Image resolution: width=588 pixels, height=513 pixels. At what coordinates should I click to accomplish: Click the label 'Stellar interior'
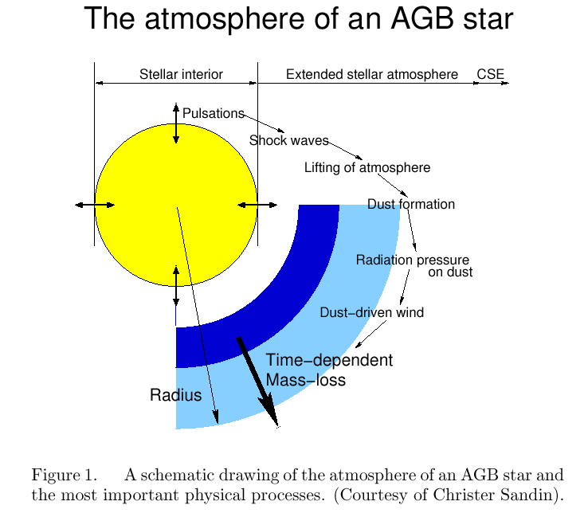click(181, 74)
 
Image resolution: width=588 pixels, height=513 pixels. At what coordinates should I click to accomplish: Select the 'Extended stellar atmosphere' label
click(371, 74)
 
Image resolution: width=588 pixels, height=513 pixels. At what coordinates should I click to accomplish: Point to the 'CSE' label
click(491, 74)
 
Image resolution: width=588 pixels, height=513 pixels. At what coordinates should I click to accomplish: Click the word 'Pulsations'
click(214, 113)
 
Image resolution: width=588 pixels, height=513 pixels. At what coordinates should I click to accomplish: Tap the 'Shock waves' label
click(288, 140)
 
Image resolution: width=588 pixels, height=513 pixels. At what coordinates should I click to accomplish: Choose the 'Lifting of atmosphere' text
click(367, 167)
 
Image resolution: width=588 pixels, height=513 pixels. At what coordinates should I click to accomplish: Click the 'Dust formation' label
click(411, 205)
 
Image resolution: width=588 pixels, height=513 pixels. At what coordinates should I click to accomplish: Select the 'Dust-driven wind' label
click(371, 312)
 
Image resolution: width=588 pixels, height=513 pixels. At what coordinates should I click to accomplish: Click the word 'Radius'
click(176, 395)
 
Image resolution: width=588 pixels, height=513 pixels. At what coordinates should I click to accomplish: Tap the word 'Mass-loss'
click(306, 380)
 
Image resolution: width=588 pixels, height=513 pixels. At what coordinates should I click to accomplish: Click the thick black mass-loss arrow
click(257, 382)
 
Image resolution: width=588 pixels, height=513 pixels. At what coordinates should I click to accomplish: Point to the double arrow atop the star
click(176, 123)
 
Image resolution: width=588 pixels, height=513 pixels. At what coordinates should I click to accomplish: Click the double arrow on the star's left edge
click(95, 206)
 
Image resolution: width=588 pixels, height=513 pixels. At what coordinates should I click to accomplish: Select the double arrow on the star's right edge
click(257, 206)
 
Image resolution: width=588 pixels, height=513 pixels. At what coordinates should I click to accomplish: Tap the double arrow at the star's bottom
click(176, 285)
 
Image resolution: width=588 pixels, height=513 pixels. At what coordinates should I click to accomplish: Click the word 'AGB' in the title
click(421, 19)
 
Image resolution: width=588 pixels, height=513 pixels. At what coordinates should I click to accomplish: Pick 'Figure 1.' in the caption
click(64, 475)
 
